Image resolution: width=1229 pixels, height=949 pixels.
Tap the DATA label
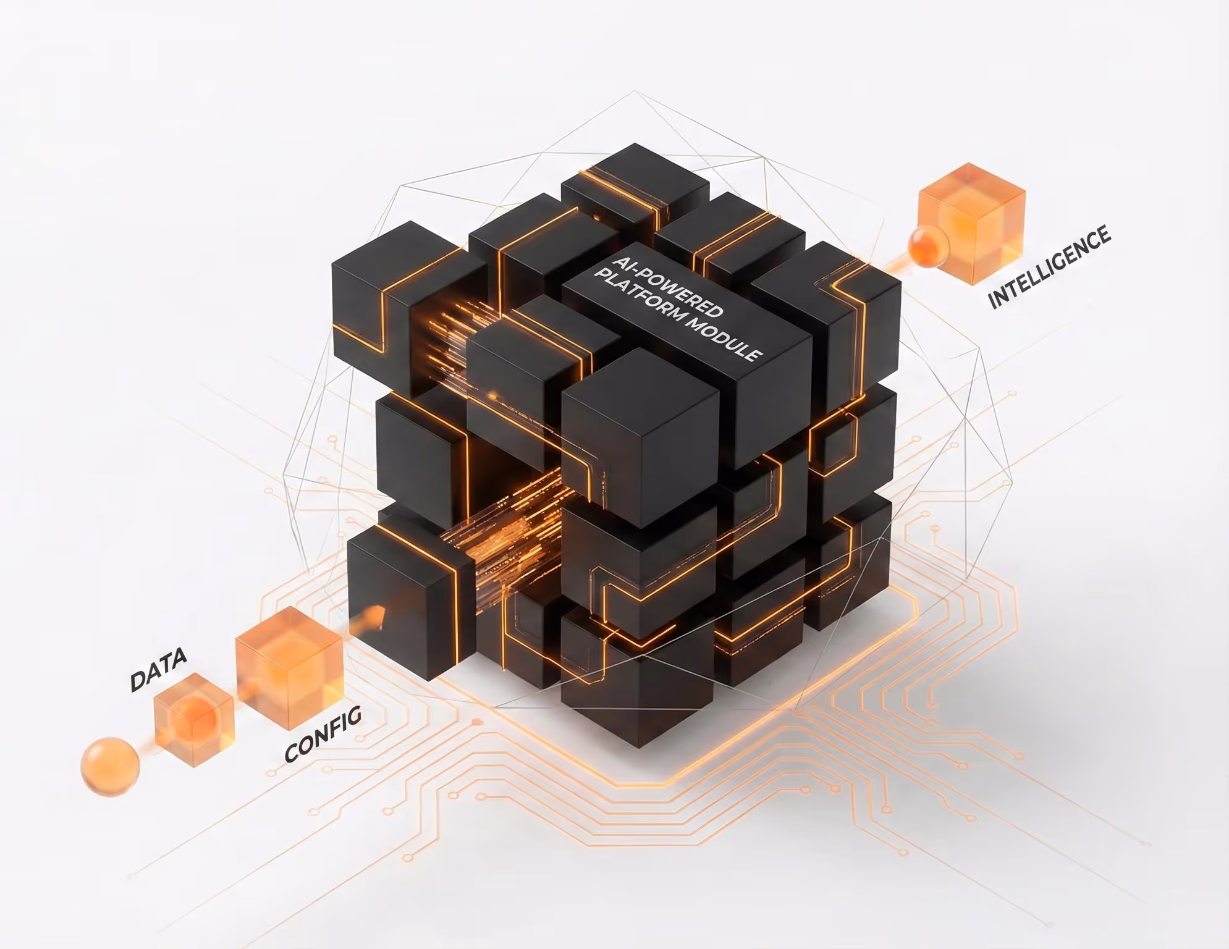coord(158,670)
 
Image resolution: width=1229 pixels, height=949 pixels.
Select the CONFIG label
coord(323,735)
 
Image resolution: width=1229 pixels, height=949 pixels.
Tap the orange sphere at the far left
coord(109,766)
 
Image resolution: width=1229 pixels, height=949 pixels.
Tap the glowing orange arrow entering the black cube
coord(371,617)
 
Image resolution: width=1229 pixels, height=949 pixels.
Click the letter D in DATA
coord(137,681)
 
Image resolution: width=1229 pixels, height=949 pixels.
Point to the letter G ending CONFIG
coord(353,717)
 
